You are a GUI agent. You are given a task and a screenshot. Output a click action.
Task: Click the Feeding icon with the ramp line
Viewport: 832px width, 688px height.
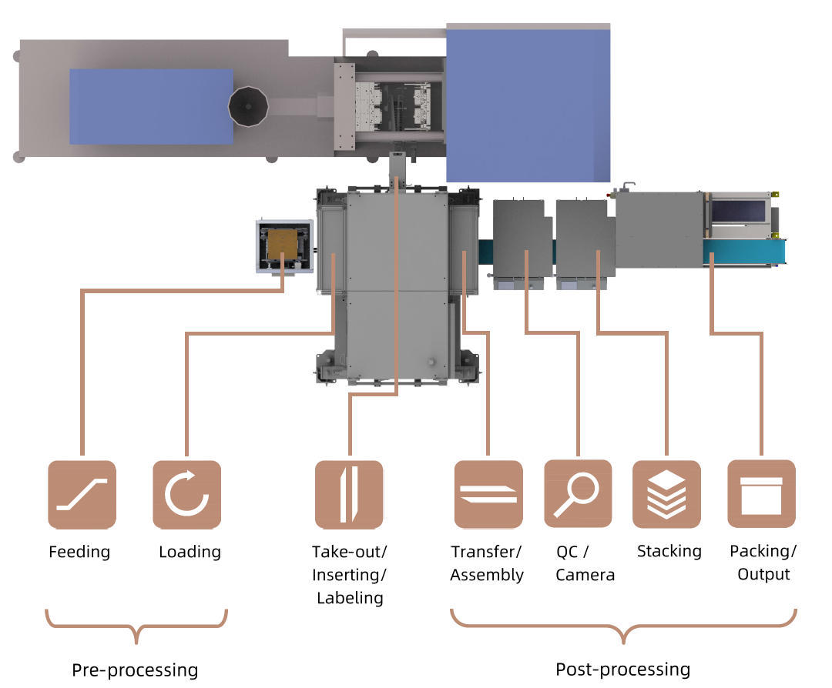(x=82, y=495)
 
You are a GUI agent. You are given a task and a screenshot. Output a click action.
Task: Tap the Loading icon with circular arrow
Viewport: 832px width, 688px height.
(x=186, y=495)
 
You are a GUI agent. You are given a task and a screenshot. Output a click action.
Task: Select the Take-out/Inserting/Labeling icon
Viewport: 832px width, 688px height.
(x=349, y=495)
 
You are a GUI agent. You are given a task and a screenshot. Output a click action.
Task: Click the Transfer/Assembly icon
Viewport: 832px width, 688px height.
(x=488, y=495)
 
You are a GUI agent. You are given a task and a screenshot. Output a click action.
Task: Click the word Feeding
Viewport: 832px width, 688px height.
(x=79, y=553)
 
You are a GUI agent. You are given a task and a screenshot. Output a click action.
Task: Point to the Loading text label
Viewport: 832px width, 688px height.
(x=190, y=553)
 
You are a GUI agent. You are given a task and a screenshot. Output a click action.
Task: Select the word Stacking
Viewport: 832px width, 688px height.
(x=669, y=552)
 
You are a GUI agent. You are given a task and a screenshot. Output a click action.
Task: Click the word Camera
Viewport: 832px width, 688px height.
(x=585, y=575)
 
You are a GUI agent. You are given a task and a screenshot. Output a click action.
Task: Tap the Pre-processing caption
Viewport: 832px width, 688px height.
(x=135, y=670)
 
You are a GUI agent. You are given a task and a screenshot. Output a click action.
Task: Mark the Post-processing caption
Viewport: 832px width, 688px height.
(x=622, y=669)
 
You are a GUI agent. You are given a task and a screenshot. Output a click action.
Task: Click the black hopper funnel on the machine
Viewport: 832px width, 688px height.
(x=249, y=106)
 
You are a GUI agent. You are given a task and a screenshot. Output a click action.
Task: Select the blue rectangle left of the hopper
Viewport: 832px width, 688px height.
(x=151, y=106)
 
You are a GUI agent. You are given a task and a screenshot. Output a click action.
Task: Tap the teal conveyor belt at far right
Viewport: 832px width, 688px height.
(x=744, y=251)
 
